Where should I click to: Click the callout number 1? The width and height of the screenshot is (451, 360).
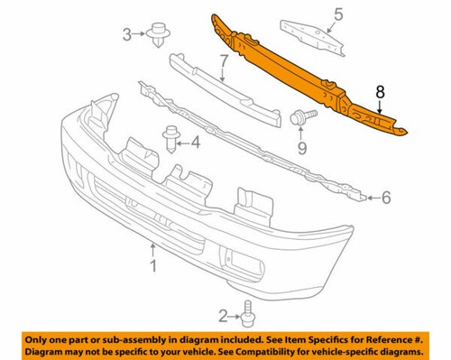tap(153, 266)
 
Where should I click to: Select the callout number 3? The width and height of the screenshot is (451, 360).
tap(127, 34)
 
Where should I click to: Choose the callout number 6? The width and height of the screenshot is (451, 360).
tap(387, 198)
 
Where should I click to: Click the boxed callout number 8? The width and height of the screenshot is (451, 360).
tap(380, 91)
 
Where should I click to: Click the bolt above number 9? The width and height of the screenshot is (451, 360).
tap(300, 116)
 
